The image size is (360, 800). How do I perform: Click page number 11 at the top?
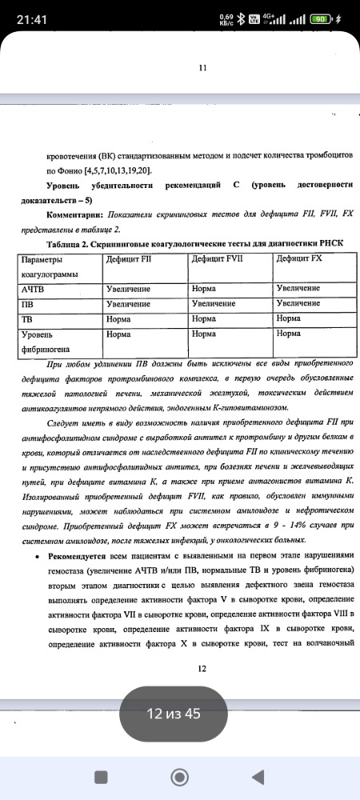pos(202,69)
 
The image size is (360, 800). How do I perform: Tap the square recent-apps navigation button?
pos(101,776)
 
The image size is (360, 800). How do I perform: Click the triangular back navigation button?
pos(258,776)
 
